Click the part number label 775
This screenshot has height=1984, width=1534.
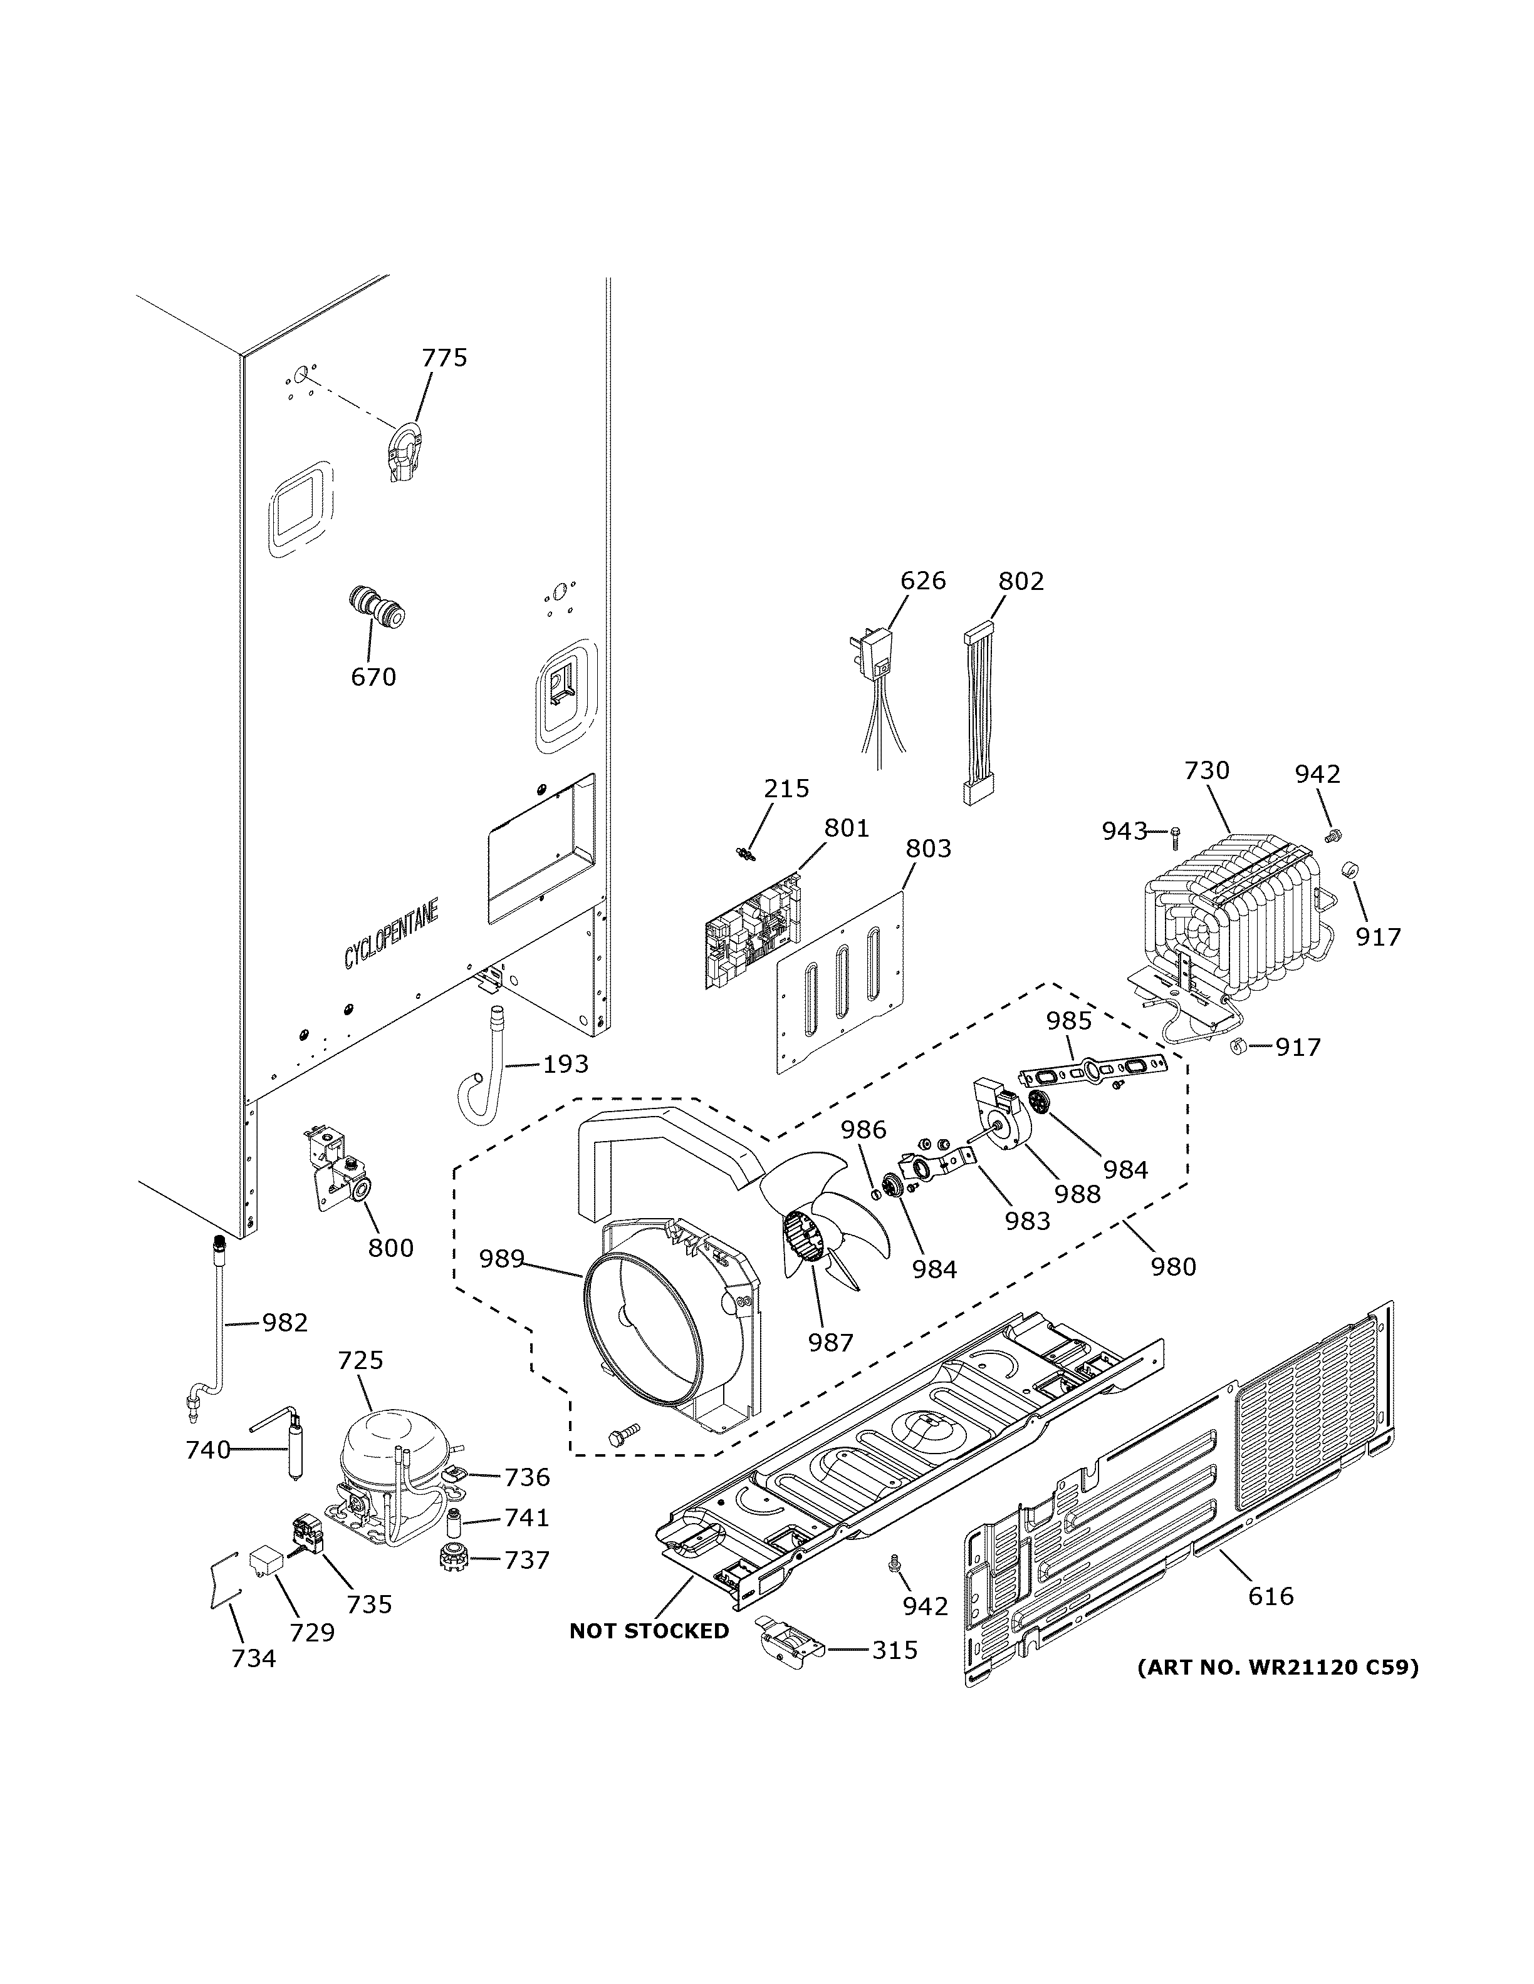coord(444,358)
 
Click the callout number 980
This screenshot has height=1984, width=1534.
coord(1172,1266)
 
